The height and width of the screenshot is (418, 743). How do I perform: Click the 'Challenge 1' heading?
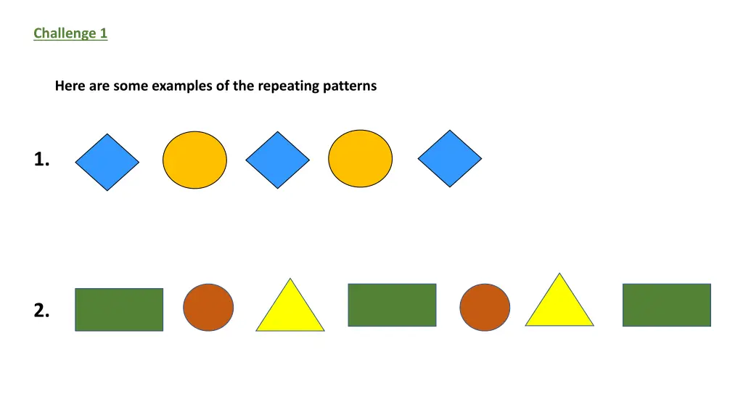pyautogui.click(x=70, y=33)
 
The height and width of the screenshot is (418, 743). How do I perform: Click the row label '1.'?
pyautogui.click(x=41, y=160)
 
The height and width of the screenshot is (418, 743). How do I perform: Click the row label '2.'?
pyautogui.click(x=41, y=311)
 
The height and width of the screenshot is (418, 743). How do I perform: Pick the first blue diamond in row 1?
pyautogui.click(x=107, y=162)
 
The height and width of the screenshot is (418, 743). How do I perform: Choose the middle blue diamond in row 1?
pyautogui.click(x=277, y=160)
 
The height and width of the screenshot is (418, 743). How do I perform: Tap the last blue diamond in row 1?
pyautogui.click(x=450, y=158)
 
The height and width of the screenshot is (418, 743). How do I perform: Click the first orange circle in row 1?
pyautogui.click(x=194, y=160)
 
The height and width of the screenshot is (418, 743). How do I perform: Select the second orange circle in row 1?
pyautogui.click(x=360, y=159)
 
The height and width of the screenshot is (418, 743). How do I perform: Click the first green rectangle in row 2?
pyautogui.click(x=119, y=310)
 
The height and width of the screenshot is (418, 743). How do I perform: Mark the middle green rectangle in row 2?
pyautogui.click(x=392, y=305)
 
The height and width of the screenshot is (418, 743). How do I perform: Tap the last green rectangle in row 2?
pyautogui.click(x=666, y=305)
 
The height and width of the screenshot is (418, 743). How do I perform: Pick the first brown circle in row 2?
pyautogui.click(x=208, y=308)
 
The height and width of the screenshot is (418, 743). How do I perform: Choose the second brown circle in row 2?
pyautogui.click(x=485, y=308)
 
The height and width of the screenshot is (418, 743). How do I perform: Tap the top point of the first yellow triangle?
pyautogui.click(x=290, y=279)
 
